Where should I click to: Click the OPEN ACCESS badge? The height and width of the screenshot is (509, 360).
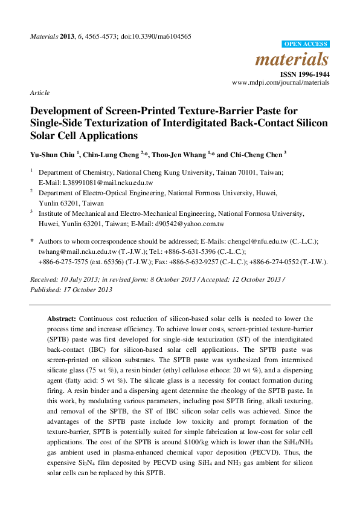pos(306,44)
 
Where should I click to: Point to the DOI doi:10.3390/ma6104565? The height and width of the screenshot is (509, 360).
pos(158,36)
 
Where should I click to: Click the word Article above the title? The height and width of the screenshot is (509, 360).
pos(39,93)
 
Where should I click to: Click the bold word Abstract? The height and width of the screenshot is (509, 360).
pos(62,319)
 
